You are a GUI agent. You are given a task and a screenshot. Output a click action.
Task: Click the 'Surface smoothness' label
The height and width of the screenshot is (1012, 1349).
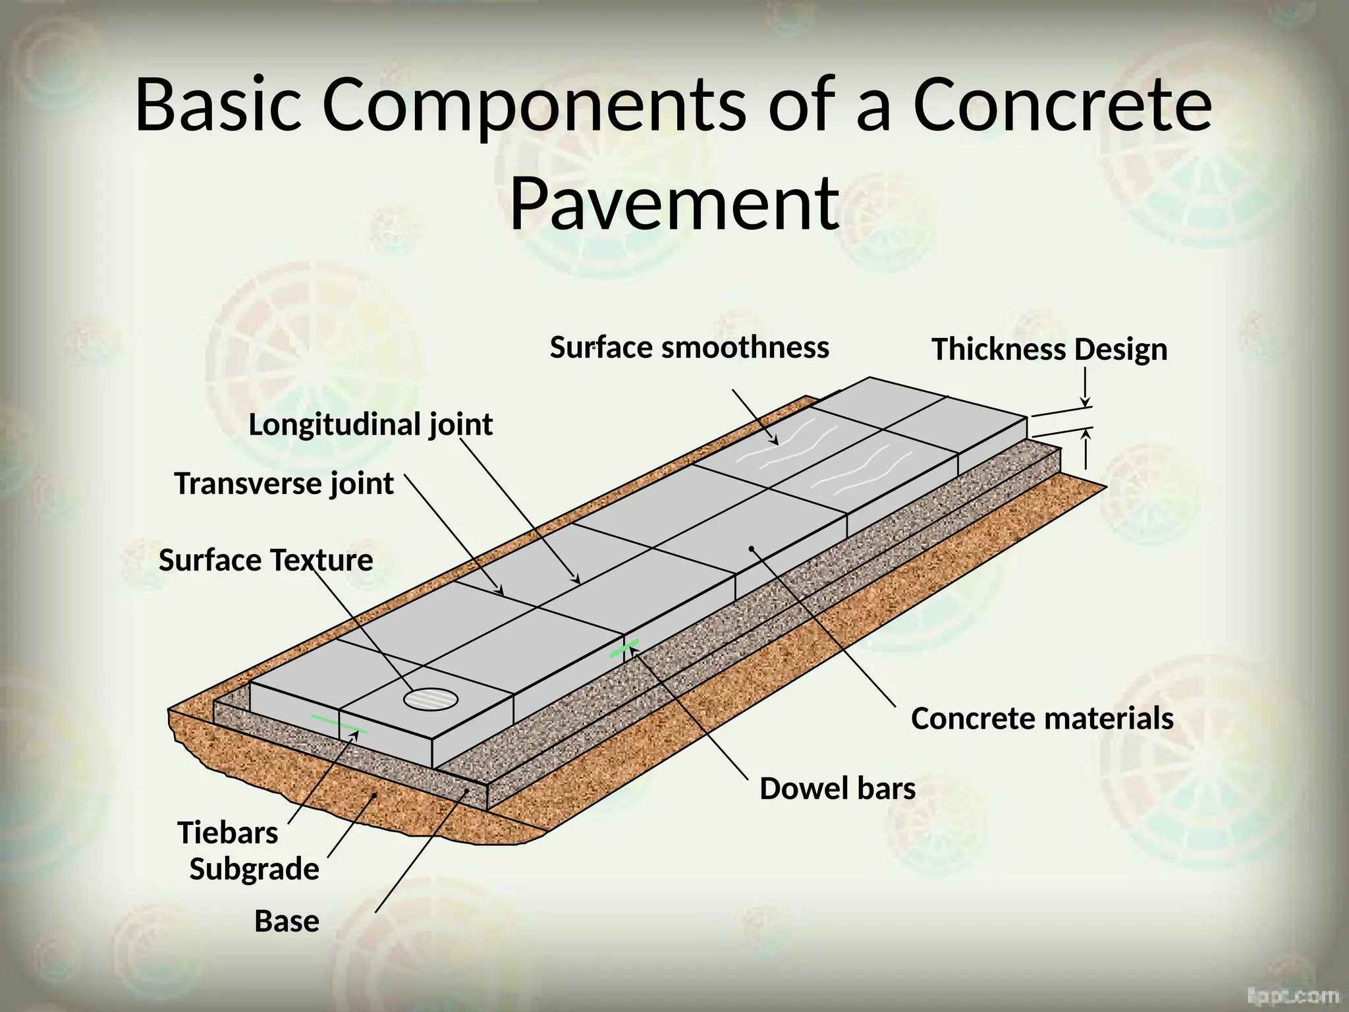(689, 347)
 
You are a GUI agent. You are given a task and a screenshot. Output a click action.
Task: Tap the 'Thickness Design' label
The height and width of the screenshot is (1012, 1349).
(1049, 349)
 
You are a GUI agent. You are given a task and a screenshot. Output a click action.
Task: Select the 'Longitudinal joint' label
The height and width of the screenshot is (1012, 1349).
(370, 424)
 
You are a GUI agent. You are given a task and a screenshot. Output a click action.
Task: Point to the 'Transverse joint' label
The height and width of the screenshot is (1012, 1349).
(284, 484)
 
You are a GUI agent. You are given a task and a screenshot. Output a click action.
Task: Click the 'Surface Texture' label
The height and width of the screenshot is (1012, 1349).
(265, 561)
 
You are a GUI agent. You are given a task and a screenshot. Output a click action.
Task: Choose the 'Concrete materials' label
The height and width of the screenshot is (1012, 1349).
(1042, 718)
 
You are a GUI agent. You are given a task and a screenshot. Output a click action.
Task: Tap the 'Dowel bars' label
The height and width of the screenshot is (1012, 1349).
(837, 788)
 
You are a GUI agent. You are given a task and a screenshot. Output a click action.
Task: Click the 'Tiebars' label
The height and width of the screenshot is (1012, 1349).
(227, 833)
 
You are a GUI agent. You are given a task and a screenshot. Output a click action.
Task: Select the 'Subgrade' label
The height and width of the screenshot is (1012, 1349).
(254, 869)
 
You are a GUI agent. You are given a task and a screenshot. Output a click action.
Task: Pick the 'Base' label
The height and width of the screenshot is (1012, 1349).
(287, 921)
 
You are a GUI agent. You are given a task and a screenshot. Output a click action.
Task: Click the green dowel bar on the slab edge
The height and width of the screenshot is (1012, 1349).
(624, 648)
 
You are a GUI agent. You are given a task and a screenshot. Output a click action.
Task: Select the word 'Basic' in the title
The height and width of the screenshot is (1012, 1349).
(218, 105)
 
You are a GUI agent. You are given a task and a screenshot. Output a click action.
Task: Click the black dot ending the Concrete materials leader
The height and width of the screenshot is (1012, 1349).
(751, 548)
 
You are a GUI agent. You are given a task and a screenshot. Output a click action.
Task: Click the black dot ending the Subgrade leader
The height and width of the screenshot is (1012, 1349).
(374, 795)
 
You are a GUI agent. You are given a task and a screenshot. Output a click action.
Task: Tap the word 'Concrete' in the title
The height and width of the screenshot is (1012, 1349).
(1062, 105)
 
